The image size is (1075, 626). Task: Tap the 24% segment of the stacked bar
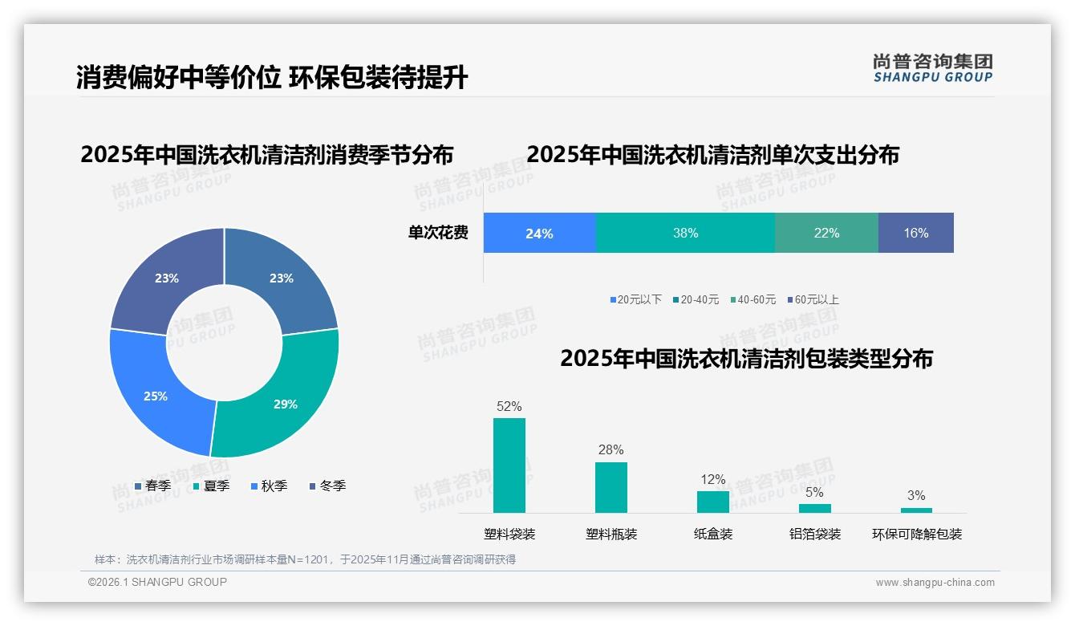point(539,234)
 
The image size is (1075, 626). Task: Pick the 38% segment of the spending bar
point(685,234)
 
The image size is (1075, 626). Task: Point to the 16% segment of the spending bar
point(915,234)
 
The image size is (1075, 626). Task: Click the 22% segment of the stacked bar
point(826,234)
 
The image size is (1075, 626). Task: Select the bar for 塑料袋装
point(509,465)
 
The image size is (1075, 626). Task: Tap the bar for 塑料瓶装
point(611,487)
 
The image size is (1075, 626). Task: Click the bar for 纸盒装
point(712,502)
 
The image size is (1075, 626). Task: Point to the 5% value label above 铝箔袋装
point(814,492)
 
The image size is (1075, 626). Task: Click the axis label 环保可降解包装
point(916,534)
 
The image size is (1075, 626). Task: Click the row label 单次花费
point(438,234)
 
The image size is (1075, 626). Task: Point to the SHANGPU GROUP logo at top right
point(932,68)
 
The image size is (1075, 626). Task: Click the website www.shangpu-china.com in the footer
point(935,583)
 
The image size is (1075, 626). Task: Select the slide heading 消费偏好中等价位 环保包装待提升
point(272,77)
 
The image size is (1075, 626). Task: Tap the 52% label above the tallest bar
point(509,406)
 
